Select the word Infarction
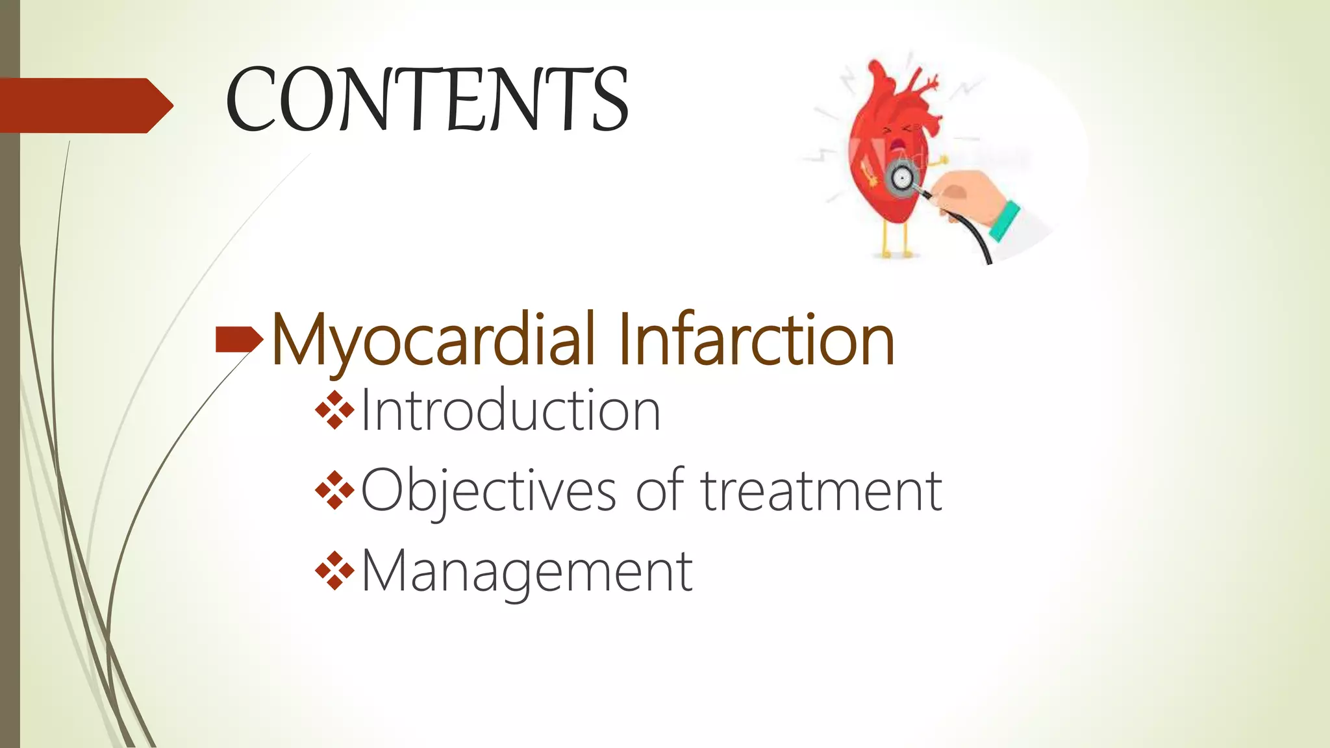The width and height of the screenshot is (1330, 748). click(756, 340)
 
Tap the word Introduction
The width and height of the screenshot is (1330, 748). click(510, 411)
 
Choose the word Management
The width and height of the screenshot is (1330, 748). click(527, 572)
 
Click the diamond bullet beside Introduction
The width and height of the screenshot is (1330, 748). click(334, 410)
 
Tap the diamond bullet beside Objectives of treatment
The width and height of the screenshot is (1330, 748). click(334, 491)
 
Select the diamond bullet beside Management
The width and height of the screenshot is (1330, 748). click(334, 571)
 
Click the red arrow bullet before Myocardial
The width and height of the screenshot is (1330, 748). click(238, 339)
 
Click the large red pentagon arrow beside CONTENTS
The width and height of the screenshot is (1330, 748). click(84, 105)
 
